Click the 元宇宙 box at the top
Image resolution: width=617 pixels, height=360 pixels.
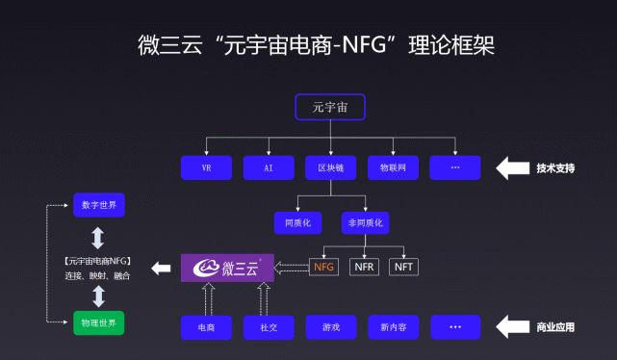tap(329, 106)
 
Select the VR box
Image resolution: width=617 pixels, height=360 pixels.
tap(206, 167)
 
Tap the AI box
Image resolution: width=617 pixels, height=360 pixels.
tap(268, 167)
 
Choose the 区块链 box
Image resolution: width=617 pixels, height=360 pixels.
tap(330, 167)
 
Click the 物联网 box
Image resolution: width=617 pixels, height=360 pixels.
tap(393, 167)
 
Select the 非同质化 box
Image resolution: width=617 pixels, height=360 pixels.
tap(365, 223)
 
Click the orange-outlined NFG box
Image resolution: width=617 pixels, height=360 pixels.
tap(324, 266)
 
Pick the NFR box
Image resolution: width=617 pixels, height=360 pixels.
tap(365, 266)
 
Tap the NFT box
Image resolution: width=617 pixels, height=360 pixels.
tap(404, 266)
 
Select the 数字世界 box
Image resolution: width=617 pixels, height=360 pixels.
tap(98, 205)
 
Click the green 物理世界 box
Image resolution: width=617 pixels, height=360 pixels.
tap(98, 321)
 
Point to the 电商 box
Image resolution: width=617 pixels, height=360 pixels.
tap(206, 327)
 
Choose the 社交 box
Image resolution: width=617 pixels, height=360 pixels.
tap(268, 327)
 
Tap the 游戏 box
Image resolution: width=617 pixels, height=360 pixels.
tap(330, 327)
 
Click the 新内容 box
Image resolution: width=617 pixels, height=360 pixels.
tap(393, 327)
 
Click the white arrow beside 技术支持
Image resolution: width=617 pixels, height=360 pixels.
tap(513, 167)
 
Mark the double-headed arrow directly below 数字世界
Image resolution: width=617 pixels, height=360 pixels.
tap(97, 237)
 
